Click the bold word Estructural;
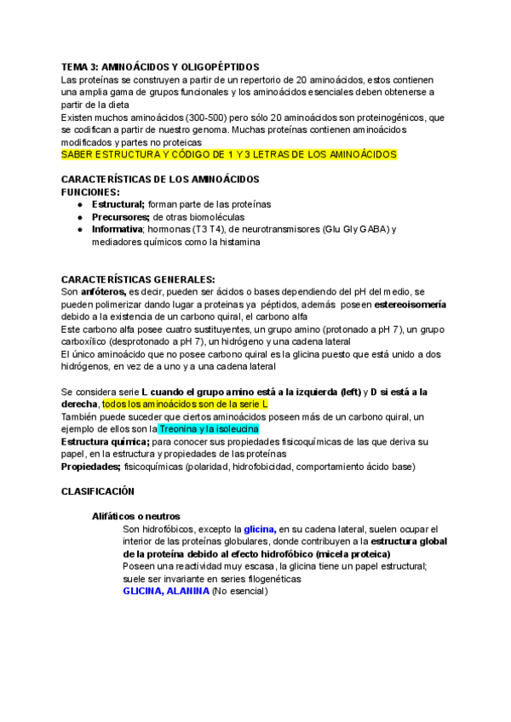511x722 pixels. pos(118,205)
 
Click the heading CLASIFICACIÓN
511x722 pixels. pos(99,492)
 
